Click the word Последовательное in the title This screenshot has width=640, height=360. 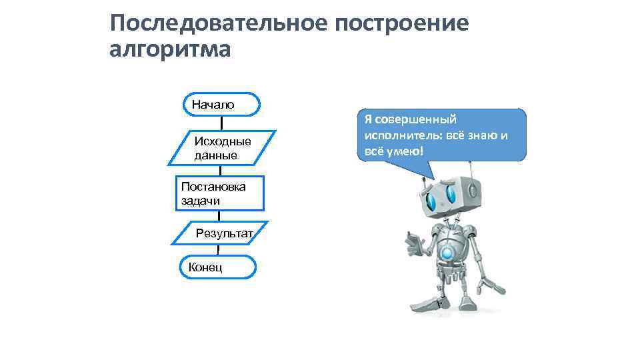(218, 23)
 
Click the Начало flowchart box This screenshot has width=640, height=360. (221, 105)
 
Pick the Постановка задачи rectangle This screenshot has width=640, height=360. (220, 193)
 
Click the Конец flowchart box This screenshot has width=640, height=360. (217, 267)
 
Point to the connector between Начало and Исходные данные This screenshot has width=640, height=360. (221, 123)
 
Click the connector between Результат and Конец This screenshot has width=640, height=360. (219, 250)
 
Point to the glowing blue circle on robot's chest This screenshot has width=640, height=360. (447, 254)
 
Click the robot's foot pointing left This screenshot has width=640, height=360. (425, 305)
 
